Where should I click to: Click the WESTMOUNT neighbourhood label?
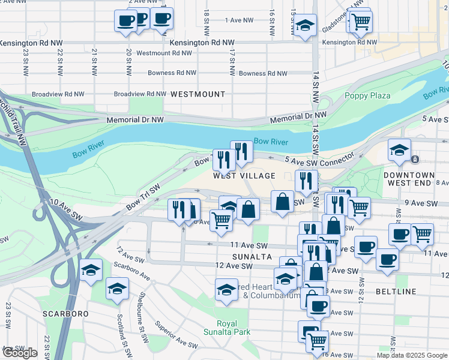click(197, 94)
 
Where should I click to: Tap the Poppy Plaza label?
click(367, 95)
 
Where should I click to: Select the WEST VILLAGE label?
click(244, 176)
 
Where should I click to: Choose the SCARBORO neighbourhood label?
click(65, 314)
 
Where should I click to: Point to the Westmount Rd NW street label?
click(164, 53)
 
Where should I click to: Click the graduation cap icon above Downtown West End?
click(399, 151)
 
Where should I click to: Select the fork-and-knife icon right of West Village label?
click(306, 180)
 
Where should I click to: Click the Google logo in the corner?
click(20, 353)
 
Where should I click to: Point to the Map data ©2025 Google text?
click(412, 355)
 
